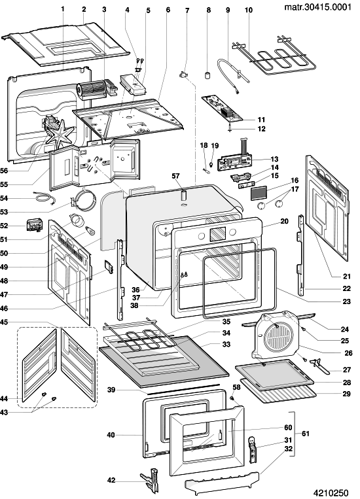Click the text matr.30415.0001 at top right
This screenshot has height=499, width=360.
[x=317, y=7]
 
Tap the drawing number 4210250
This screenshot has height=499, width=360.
[x=331, y=492]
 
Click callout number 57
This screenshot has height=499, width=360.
[x=175, y=176]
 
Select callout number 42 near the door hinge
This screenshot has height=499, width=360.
[x=111, y=480]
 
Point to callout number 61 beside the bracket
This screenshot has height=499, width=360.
[x=305, y=434]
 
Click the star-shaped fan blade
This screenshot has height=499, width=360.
[x=60, y=131]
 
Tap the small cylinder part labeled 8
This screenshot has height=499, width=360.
[x=208, y=76]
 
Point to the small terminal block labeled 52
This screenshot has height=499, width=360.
[x=33, y=226]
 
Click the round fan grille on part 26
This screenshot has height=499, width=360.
[x=278, y=334]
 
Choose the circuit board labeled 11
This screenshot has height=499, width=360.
[x=223, y=109]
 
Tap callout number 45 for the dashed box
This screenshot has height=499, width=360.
[x=4, y=322]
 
